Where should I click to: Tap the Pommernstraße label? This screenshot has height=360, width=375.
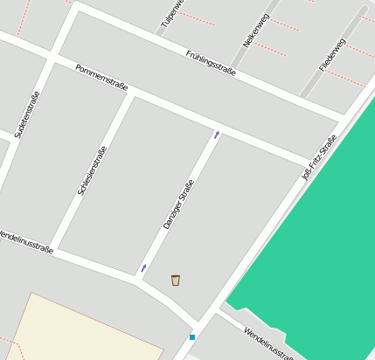(101, 78)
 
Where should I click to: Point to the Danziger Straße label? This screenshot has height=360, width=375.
(177, 204)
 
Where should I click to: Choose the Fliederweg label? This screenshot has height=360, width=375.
(332, 54)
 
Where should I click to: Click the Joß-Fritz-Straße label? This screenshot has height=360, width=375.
(319, 157)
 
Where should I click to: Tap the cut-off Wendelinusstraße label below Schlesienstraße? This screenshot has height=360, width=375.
(25, 242)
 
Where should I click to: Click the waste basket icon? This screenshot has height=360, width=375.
(176, 280)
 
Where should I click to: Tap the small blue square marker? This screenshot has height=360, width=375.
(192, 336)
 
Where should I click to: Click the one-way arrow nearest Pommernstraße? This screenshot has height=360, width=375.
(217, 135)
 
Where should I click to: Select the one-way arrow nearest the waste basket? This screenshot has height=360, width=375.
(144, 268)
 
